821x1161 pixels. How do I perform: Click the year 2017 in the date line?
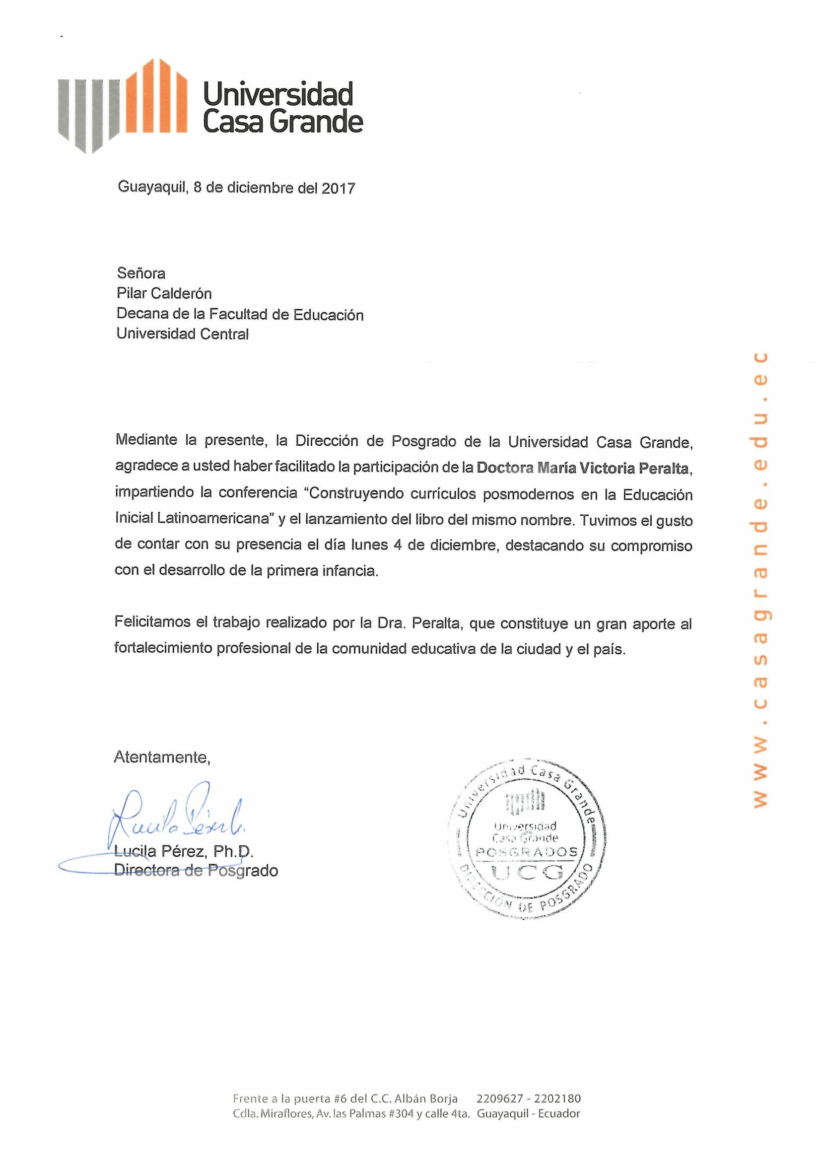pos(338,188)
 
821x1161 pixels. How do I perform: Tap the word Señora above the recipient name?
pos(141,273)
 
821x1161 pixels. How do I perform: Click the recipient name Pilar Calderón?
pos(164,293)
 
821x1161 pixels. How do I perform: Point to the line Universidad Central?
pos(183,334)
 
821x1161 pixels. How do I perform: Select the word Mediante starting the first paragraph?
pos(146,440)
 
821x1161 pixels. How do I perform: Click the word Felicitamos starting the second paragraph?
pos(153,621)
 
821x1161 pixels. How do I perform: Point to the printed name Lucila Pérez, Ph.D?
pos(184,852)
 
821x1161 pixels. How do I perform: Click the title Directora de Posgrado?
pos(196,870)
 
